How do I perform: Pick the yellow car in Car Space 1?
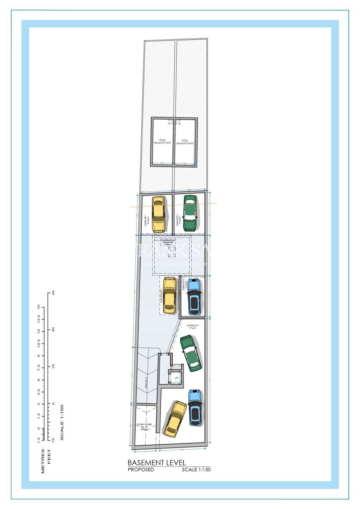click(169, 295)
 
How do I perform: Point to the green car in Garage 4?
click(191, 353)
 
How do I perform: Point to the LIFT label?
click(176, 378)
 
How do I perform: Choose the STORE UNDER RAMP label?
click(144, 426)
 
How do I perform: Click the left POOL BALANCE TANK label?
click(162, 141)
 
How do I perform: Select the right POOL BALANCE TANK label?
click(185, 141)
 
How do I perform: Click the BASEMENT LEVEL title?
click(156, 463)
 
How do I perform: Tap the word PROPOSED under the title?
click(141, 470)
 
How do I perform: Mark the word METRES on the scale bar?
click(43, 461)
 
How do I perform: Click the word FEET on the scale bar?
click(49, 456)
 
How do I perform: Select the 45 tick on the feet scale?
click(53, 293)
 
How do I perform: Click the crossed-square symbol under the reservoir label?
click(172, 252)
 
